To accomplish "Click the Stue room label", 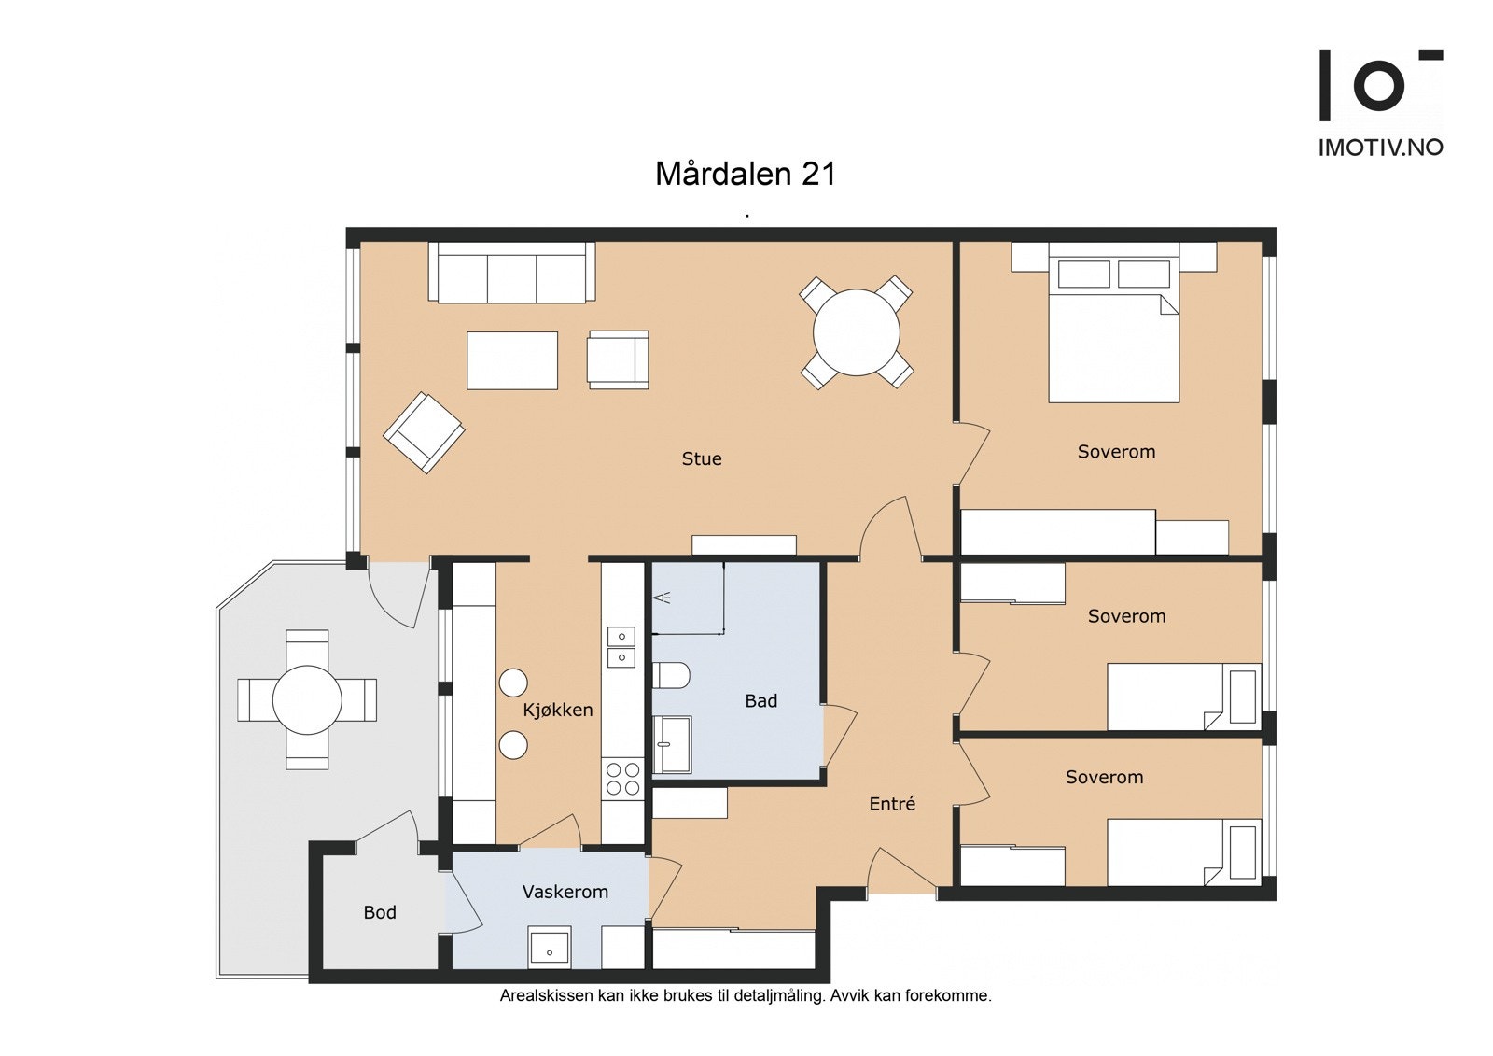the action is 701,459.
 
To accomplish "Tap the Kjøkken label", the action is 558,711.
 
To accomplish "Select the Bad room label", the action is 761,701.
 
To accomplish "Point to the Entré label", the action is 892,804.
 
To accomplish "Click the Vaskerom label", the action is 565,892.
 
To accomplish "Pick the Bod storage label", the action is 380,912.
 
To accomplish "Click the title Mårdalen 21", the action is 746,174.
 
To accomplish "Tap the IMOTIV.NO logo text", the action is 1380,148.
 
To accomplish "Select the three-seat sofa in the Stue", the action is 512,273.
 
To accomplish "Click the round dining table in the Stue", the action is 857,331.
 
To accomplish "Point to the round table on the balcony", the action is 307,700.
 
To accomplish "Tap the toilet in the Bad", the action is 671,676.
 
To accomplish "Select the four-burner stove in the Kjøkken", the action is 622,779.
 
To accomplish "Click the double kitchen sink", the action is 621,647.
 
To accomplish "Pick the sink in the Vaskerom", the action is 550,947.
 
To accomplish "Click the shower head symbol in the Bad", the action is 663,598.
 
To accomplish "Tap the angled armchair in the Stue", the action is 424,432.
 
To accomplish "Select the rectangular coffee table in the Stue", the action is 512,360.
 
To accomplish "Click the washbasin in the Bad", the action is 672,744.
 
